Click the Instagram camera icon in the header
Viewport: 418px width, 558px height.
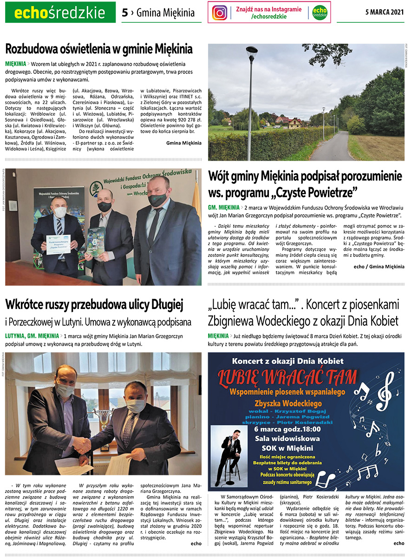click(x=220, y=13)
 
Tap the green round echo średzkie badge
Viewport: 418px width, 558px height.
click(x=319, y=13)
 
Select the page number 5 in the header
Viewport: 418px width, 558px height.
click(x=124, y=13)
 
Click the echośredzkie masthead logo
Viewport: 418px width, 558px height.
click(x=60, y=13)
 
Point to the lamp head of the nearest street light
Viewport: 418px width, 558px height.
click(x=252, y=51)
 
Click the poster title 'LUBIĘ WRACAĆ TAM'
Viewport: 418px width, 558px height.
click(x=288, y=377)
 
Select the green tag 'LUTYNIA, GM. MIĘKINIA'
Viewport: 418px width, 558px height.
click(x=32, y=335)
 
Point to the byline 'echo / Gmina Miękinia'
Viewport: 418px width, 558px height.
click(x=379, y=267)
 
